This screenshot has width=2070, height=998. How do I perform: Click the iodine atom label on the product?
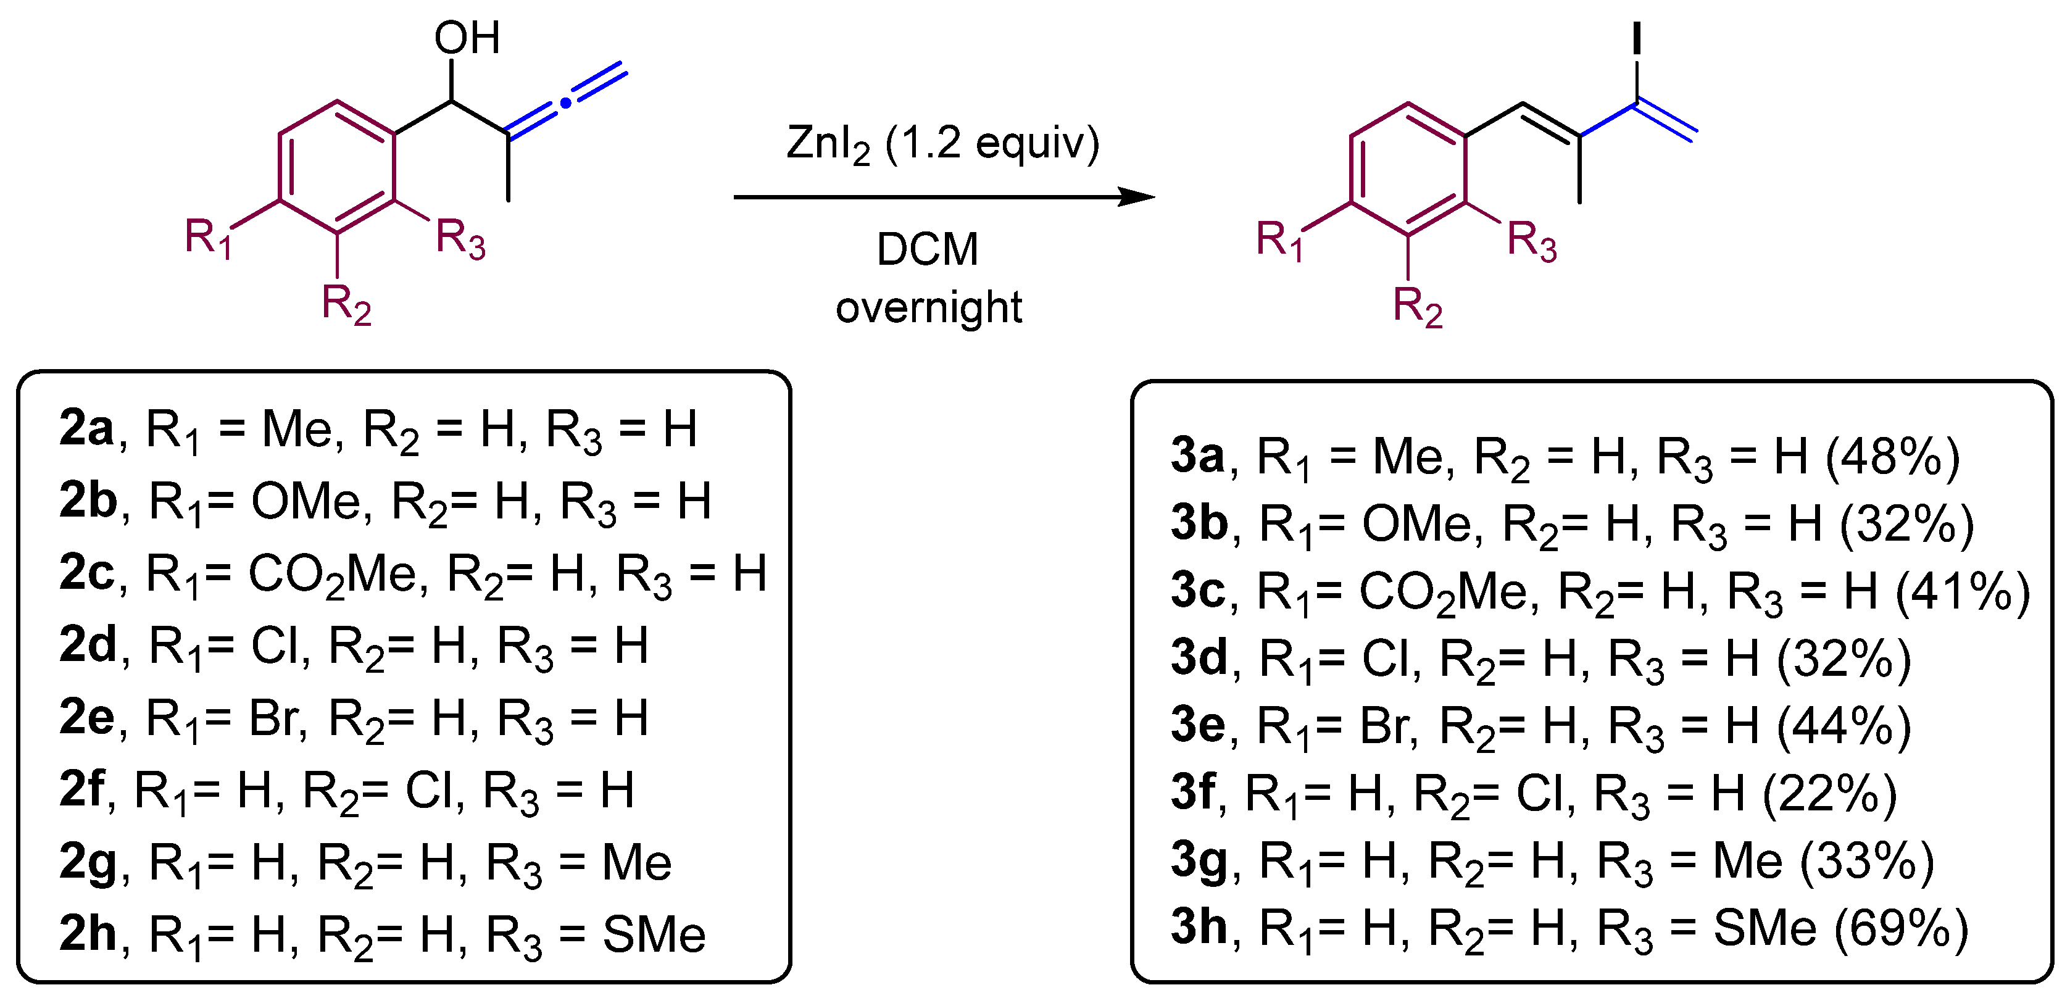click(x=1637, y=38)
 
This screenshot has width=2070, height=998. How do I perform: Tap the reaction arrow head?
click(x=1137, y=197)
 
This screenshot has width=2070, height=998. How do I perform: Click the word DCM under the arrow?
click(x=928, y=249)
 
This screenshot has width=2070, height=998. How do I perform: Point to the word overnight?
click(x=928, y=307)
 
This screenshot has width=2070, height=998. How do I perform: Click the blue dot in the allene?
click(x=566, y=102)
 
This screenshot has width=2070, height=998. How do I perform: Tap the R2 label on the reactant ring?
click(x=346, y=304)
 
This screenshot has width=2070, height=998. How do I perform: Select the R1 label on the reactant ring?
click(x=208, y=238)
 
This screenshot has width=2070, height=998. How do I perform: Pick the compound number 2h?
click(x=88, y=934)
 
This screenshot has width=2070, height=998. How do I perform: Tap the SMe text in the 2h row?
click(x=654, y=934)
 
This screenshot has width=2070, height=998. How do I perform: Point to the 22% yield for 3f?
click(x=1830, y=793)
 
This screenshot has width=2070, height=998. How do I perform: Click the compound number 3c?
click(x=1197, y=591)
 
